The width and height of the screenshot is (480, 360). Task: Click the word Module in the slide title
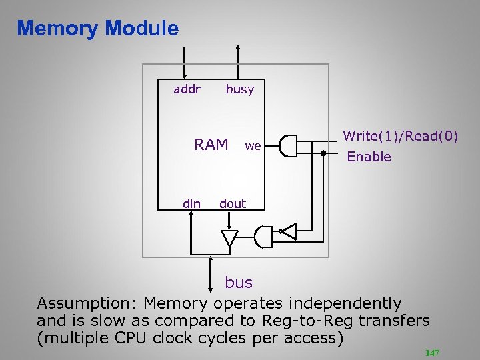142,29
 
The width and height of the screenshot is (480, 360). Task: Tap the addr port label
187,89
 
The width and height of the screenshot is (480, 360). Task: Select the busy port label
239,89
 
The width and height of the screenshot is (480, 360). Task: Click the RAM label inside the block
211,145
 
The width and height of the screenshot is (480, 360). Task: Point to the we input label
253,145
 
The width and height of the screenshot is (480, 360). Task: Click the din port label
191,203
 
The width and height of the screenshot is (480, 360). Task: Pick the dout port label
233,203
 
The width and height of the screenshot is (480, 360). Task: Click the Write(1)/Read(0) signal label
400,136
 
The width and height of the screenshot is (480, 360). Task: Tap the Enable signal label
369,157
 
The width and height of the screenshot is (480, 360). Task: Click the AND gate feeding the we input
287,146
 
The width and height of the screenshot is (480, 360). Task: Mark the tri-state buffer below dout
230,237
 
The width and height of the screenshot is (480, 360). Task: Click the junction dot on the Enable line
323,153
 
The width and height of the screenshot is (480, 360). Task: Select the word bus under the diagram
239,282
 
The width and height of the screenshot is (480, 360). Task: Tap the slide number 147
432,353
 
